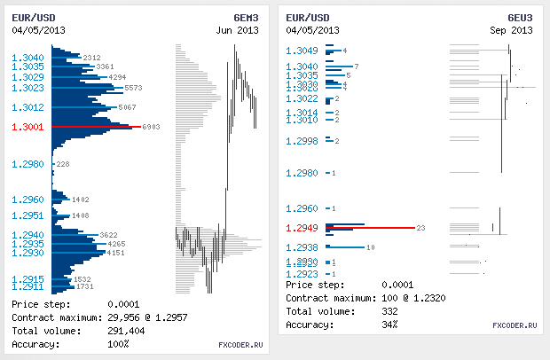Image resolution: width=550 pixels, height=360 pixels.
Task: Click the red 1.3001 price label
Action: (x=27, y=127)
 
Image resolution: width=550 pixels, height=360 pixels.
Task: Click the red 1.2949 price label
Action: (x=302, y=229)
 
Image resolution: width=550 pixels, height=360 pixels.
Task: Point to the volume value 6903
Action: (x=151, y=127)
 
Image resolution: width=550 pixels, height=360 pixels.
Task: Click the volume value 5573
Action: (x=134, y=89)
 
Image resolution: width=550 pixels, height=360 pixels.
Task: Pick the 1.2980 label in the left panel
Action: (x=27, y=164)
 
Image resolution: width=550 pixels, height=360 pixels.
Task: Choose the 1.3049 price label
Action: (x=302, y=50)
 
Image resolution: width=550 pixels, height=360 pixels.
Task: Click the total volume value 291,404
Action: (x=126, y=331)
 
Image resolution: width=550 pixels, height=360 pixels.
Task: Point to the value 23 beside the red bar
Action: (x=420, y=229)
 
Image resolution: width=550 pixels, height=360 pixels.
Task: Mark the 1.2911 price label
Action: (x=27, y=287)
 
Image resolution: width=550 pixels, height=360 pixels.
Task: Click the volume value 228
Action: (x=62, y=165)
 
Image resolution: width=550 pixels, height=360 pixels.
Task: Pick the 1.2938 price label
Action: (x=302, y=247)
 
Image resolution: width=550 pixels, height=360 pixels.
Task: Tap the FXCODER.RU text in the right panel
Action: (x=515, y=325)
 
